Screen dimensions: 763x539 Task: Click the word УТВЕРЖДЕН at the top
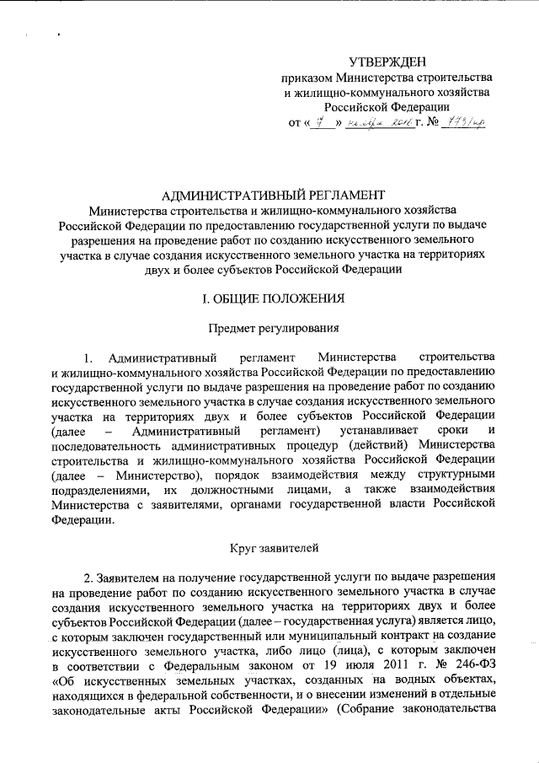(388, 62)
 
